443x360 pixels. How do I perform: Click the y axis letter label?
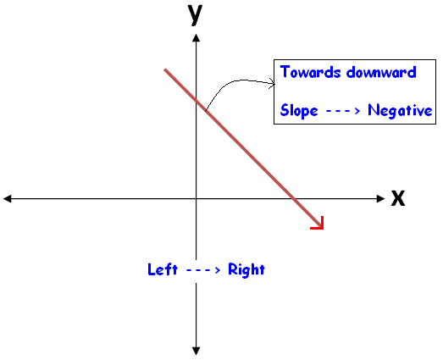[195, 15]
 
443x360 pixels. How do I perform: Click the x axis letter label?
[398, 198]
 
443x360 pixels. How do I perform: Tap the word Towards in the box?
[310, 72]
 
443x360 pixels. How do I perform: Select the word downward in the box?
[381, 72]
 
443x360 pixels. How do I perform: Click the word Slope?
[299, 110]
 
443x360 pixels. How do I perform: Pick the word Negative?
[400, 110]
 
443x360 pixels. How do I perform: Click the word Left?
[163, 269]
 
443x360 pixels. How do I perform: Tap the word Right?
[246, 269]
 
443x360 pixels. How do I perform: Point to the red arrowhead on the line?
[318, 223]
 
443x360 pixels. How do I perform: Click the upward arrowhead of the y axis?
[196, 38]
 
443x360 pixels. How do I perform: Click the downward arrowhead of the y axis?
[196, 351]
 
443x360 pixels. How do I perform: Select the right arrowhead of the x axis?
[380, 199]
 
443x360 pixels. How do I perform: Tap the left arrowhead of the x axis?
[7, 199]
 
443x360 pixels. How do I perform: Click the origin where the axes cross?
[196, 199]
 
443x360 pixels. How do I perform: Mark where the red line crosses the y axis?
[196, 100]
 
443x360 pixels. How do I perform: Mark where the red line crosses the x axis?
[294, 199]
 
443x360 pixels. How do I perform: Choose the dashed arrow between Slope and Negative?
[343, 111]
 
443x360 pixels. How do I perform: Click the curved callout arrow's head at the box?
[273, 83]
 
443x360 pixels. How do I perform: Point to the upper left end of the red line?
[165, 69]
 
